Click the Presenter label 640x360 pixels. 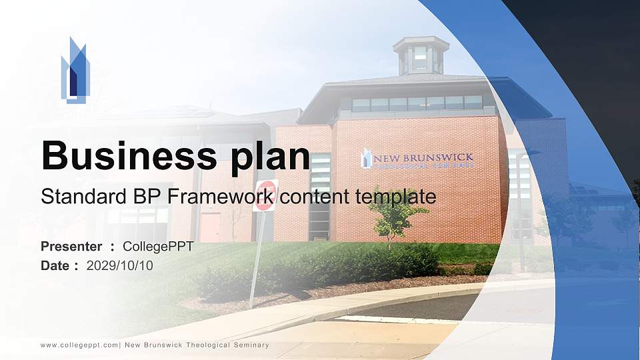71,247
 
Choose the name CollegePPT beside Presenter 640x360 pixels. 158,247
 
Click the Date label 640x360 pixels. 55,265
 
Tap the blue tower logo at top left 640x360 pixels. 75,70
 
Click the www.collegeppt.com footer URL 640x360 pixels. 79,345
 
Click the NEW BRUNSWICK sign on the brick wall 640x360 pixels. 423,159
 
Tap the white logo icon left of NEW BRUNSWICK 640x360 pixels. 366,159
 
